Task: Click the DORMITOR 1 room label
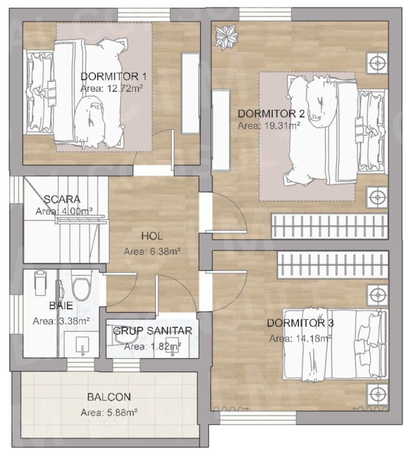click(x=113, y=77)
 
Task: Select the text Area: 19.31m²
click(x=269, y=125)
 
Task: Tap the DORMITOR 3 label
click(x=300, y=324)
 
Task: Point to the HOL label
click(x=152, y=236)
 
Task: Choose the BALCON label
click(x=109, y=397)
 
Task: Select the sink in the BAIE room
click(x=83, y=344)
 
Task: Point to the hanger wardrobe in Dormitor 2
click(x=329, y=226)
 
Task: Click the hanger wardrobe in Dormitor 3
click(x=332, y=264)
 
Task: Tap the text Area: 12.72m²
click(x=111, y=88)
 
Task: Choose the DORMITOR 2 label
click(x=271, y=114)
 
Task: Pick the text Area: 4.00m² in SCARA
click(x=64, y=212)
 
